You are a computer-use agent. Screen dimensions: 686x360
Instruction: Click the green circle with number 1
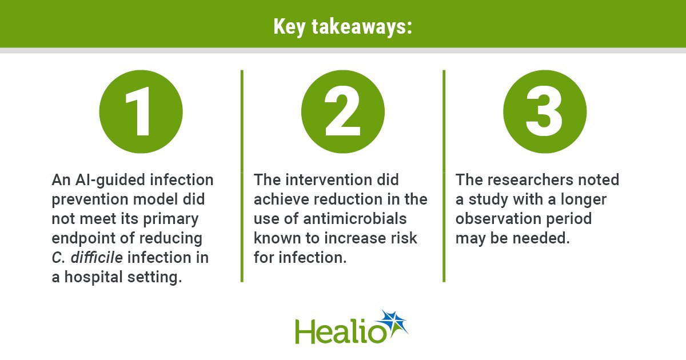(141, 111)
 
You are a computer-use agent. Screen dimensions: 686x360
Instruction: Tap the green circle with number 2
(342, 111)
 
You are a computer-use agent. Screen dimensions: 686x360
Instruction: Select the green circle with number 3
(545, 111)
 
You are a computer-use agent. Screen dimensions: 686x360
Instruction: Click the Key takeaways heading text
(342, 27)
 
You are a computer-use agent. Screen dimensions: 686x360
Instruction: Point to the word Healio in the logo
(341, 331)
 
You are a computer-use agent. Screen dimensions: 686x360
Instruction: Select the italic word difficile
(97, 257)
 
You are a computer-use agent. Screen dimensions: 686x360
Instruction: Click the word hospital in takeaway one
(93, 277)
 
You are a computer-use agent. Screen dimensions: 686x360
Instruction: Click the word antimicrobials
(354, 218)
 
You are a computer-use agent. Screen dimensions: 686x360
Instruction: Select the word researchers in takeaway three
(530, 179)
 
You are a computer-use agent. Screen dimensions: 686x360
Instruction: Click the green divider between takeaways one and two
(242, 176)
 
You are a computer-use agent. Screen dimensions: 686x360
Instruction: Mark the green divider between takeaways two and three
(444, 176)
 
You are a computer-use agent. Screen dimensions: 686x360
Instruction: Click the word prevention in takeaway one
(90, 200)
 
